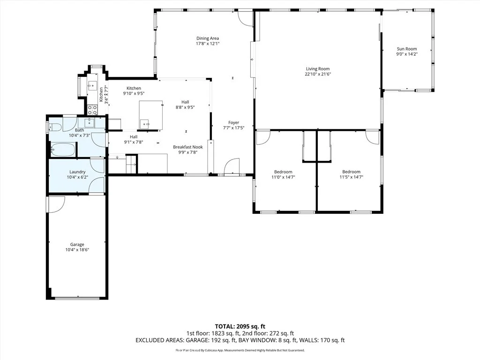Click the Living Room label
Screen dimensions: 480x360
[318, 69]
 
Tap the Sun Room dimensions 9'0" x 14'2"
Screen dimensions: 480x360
[407, 54]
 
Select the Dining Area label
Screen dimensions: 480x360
[208, 38]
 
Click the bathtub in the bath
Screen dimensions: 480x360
[63, 150]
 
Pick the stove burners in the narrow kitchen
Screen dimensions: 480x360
[92, 110]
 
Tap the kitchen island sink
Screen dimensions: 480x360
[144, 124]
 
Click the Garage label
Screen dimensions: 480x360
[77, 245]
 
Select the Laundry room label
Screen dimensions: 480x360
[77, 172]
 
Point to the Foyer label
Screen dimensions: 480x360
[233, 123]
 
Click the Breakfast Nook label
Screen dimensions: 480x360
[188, 147]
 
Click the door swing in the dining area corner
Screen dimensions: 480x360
[246, 18]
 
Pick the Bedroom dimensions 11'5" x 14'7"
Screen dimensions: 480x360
[351, 177]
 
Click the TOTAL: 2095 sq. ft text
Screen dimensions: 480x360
[240, 326]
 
